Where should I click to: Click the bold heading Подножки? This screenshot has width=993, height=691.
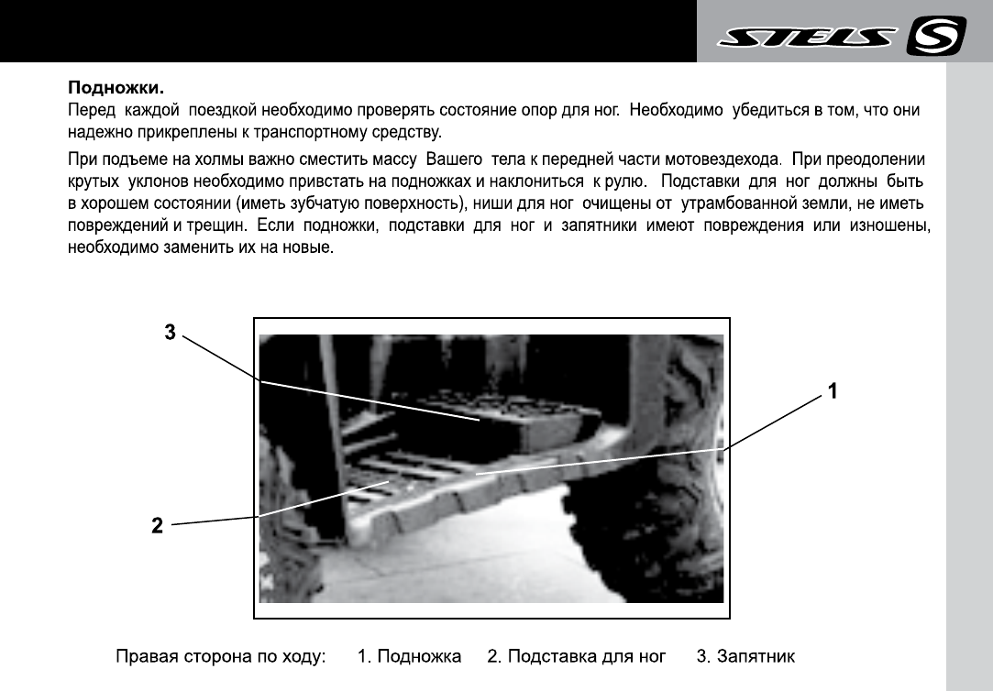coord(116,90)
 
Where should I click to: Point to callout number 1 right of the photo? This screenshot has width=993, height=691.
coord(832,391)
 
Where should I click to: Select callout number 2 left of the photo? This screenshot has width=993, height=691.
coord(158,526)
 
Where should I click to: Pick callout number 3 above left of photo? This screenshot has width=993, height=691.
coord(170,333)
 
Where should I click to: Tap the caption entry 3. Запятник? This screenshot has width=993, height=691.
coord(745,657)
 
